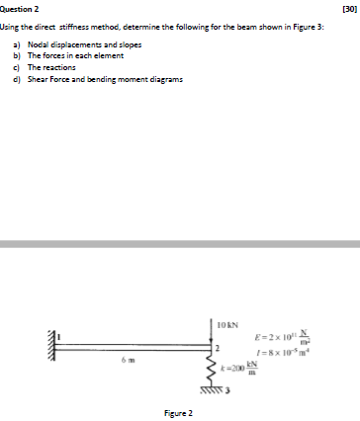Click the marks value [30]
347,8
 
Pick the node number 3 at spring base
229,389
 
